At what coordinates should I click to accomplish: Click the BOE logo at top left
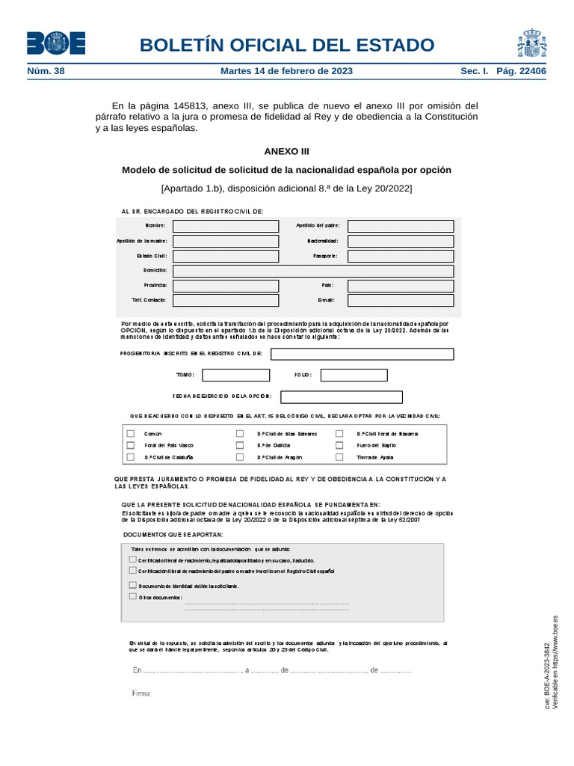coord(56,43)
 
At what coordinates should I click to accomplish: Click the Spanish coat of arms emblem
coord(531,43)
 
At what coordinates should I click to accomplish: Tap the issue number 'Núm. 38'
coord(46,71)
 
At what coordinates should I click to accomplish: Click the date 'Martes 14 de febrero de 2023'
coord(286,71)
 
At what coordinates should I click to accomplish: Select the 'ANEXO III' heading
coord(286,151)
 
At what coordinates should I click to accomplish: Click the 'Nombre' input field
coord(225,226)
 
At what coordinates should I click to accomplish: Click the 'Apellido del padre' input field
coord(401,226)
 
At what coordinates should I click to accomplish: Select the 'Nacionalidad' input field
coord(401,241)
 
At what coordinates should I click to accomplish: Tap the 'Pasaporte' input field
coord(401,256)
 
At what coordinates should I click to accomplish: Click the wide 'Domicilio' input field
coord(312,271)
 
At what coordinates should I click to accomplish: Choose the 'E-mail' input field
coord(401,300)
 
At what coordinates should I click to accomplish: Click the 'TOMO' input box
coord(236,375)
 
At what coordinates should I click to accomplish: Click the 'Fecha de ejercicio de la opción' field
coord(341,397)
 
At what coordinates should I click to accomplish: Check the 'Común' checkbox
coord(131,433)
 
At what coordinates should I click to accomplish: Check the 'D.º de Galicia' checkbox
coord(240,444)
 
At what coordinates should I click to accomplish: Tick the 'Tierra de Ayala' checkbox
coord(339,456)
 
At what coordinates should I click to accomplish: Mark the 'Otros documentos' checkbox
coord(133,597)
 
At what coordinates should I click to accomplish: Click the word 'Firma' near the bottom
coord(141,693)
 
